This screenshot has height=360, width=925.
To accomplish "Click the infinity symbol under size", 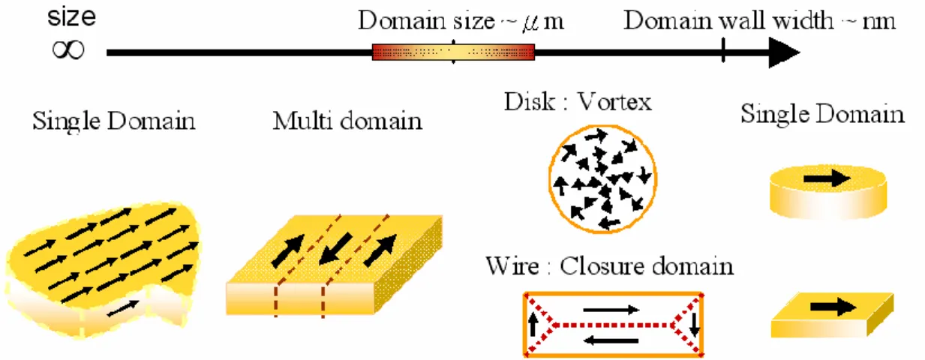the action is coord(68,50).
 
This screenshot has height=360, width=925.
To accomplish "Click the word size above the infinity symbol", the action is coord(71,17).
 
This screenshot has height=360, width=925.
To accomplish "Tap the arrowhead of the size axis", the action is coord(784,52).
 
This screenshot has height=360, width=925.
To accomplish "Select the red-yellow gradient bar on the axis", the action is coord(453,52).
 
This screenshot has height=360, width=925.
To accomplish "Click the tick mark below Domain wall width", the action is coord(723,50).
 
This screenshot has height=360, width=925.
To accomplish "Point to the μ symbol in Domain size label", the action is coord(531,22).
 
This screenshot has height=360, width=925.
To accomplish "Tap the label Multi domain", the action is coord(347,121).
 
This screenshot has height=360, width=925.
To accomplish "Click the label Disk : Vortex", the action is coord(578,101).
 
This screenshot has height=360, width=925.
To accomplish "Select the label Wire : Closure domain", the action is coord(609,265).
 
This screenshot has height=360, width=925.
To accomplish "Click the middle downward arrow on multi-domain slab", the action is coord(336,249).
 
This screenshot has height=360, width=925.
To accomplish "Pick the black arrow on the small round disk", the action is coord(827,178).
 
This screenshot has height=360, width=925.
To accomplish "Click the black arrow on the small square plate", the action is coord(833,307).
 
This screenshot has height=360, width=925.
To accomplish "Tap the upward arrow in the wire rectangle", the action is coord(533,325).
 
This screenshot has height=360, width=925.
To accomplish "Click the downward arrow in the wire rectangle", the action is coord(695,325).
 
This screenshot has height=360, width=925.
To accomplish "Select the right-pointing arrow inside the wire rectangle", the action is coord(611,309).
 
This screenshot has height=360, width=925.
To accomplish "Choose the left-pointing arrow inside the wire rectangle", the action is coord(611,340).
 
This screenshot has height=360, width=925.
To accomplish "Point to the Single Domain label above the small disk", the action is coord(822,113).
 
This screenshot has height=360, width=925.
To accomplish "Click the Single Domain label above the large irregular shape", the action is coord(113,121).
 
